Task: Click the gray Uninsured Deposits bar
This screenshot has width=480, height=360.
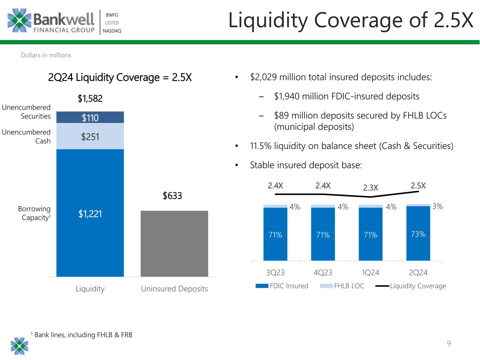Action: click(174, 243)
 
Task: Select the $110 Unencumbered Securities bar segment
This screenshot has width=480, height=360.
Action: click(90, 117)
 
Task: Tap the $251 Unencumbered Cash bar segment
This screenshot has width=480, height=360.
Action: click(90, 136)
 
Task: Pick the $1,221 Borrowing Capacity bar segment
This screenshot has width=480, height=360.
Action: click(90, 213)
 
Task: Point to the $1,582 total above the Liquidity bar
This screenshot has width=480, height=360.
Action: click(90, 99)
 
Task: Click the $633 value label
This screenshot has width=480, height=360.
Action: click(172, 196)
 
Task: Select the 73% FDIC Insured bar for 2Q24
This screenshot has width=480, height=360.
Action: click(418, 234)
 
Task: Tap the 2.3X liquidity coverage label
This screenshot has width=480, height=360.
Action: click(371, 188)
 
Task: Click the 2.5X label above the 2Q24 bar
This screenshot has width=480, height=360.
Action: click(418, 186)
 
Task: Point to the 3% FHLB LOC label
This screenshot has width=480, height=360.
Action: click(437, 207)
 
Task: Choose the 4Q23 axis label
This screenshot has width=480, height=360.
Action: click(323, 272)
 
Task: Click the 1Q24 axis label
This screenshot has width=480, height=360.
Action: click(371, 272)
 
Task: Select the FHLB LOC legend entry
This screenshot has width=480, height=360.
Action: click(342, 286)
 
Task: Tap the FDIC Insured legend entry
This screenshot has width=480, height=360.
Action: click(282, 286)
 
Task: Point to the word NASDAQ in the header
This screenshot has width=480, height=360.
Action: click(112, 31)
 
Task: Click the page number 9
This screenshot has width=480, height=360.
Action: click(449, 343)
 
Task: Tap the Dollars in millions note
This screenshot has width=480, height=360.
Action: click(46, 55)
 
